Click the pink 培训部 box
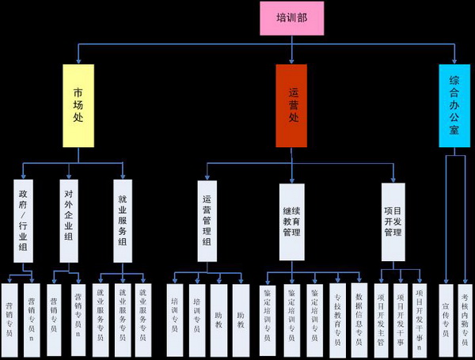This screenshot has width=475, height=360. pos(292,17)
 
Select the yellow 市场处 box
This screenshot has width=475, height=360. pos(78,105)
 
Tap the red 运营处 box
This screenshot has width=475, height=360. pos(291,105)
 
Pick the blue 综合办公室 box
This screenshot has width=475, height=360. pos(454,105)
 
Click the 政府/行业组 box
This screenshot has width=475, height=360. pos(24,222)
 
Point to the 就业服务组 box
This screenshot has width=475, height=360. pos(122,222)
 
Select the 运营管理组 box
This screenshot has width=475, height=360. pos(207,222)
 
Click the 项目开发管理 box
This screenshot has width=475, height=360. pos(393,222)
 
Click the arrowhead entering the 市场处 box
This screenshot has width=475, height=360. pos(78,62)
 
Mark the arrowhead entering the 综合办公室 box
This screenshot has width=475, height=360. pos(454,62)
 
